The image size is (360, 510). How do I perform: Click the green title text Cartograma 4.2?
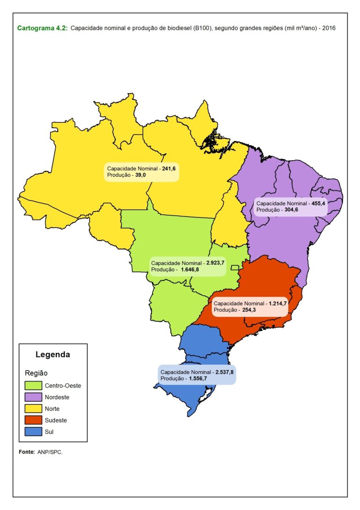click(x=42, y=28)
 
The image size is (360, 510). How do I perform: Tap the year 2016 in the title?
click(x=329, y=28)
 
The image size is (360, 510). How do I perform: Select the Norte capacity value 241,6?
click(x=169, y=168)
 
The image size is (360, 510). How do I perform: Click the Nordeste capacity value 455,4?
click(x=318, y=204)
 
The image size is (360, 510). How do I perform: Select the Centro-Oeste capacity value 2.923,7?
click(x=216, y=263)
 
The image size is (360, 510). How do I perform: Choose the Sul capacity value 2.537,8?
click(x=225, y=372)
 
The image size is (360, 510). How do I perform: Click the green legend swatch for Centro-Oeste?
click(x=33, y=386)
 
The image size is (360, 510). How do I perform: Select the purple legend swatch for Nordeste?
click(x=33, y=397)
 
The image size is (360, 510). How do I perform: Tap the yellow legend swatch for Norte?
click(x=33, y=409)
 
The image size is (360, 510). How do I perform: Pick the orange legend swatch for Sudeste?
click(x=33, y=420)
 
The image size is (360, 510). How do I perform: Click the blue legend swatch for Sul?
click(x=33, y=431)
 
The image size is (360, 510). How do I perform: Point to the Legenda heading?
click(x=53, y=355)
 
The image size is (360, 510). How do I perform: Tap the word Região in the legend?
click(x=36, y=373)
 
